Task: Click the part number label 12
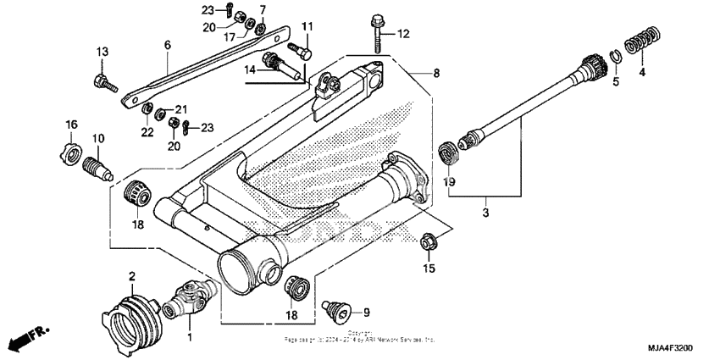402,34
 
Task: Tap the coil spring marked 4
640,42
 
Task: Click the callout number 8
436,74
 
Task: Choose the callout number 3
486,213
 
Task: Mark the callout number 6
167,44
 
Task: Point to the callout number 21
180,110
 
